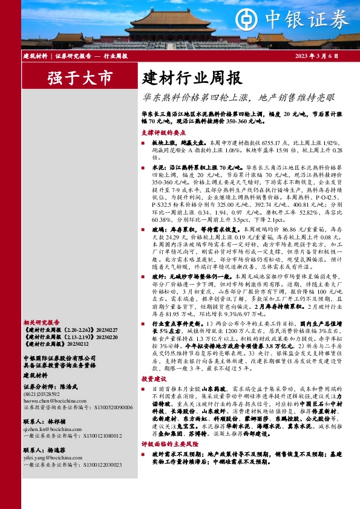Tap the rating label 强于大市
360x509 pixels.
(80, 78)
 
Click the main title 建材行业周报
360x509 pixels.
(192, 78)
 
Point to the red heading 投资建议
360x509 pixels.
(154, 378)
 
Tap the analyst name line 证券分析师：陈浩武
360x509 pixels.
(53, 386)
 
